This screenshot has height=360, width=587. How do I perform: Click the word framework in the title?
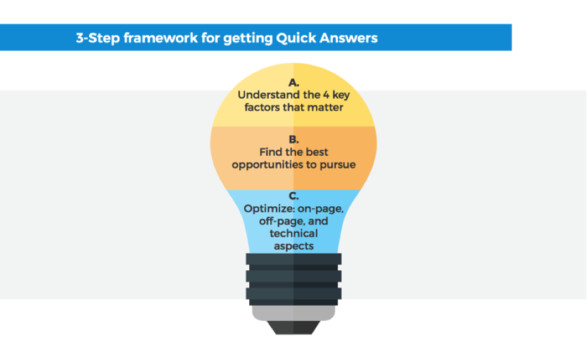pos(161,38)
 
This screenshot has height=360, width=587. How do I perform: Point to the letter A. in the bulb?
pos(293,82)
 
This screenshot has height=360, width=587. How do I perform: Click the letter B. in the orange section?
pos(293,139)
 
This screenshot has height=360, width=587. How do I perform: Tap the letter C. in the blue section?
pos(293,196)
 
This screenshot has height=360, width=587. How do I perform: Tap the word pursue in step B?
pos(337,165)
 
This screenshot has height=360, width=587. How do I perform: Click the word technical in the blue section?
pos(293,233)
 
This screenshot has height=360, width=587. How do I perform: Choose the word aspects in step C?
pos(293,247)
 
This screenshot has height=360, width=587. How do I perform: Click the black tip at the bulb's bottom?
pos(293,327)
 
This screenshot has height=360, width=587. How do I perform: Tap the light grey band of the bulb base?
pos(293,313)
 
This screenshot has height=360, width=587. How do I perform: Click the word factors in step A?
pos(262,108)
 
